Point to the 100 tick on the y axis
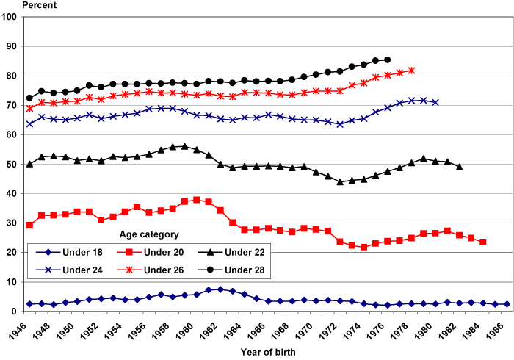tap(10, 17)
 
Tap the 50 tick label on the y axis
tap(12, 165)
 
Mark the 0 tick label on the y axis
tap(15, 312)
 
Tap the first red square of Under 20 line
tap(29, 225)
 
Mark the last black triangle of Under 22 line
tap(460, 167)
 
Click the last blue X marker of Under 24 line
tap(435, 102)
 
